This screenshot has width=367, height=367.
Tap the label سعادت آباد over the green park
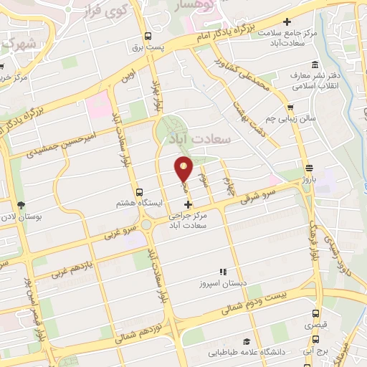[x=197, y=138]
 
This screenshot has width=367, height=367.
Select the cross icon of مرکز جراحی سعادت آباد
[x=188, y=205]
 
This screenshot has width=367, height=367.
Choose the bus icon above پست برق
[x=148, y=37]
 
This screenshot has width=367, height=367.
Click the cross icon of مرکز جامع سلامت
[x=287, y=22]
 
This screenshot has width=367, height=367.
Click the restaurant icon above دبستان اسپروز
[x=223, y=272]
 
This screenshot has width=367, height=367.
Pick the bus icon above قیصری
[x=316, y=313]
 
